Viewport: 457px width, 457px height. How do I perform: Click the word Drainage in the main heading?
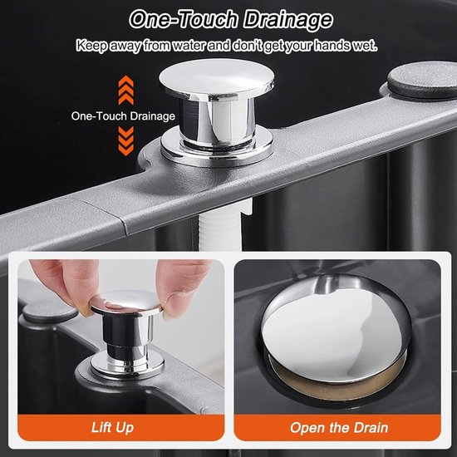288,20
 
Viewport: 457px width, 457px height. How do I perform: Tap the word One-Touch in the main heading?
184,19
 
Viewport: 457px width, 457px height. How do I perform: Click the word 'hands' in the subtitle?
332,45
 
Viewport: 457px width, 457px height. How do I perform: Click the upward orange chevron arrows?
126,90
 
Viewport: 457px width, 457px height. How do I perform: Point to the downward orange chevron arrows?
126,141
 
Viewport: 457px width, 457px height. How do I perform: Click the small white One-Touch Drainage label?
123,116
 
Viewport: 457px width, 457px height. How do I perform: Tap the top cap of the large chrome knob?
216,76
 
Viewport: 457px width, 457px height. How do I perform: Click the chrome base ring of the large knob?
217,149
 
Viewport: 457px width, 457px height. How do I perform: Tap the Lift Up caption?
112,428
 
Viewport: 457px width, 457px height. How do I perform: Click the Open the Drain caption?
339,428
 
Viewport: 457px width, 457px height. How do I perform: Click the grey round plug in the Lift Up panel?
50,313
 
